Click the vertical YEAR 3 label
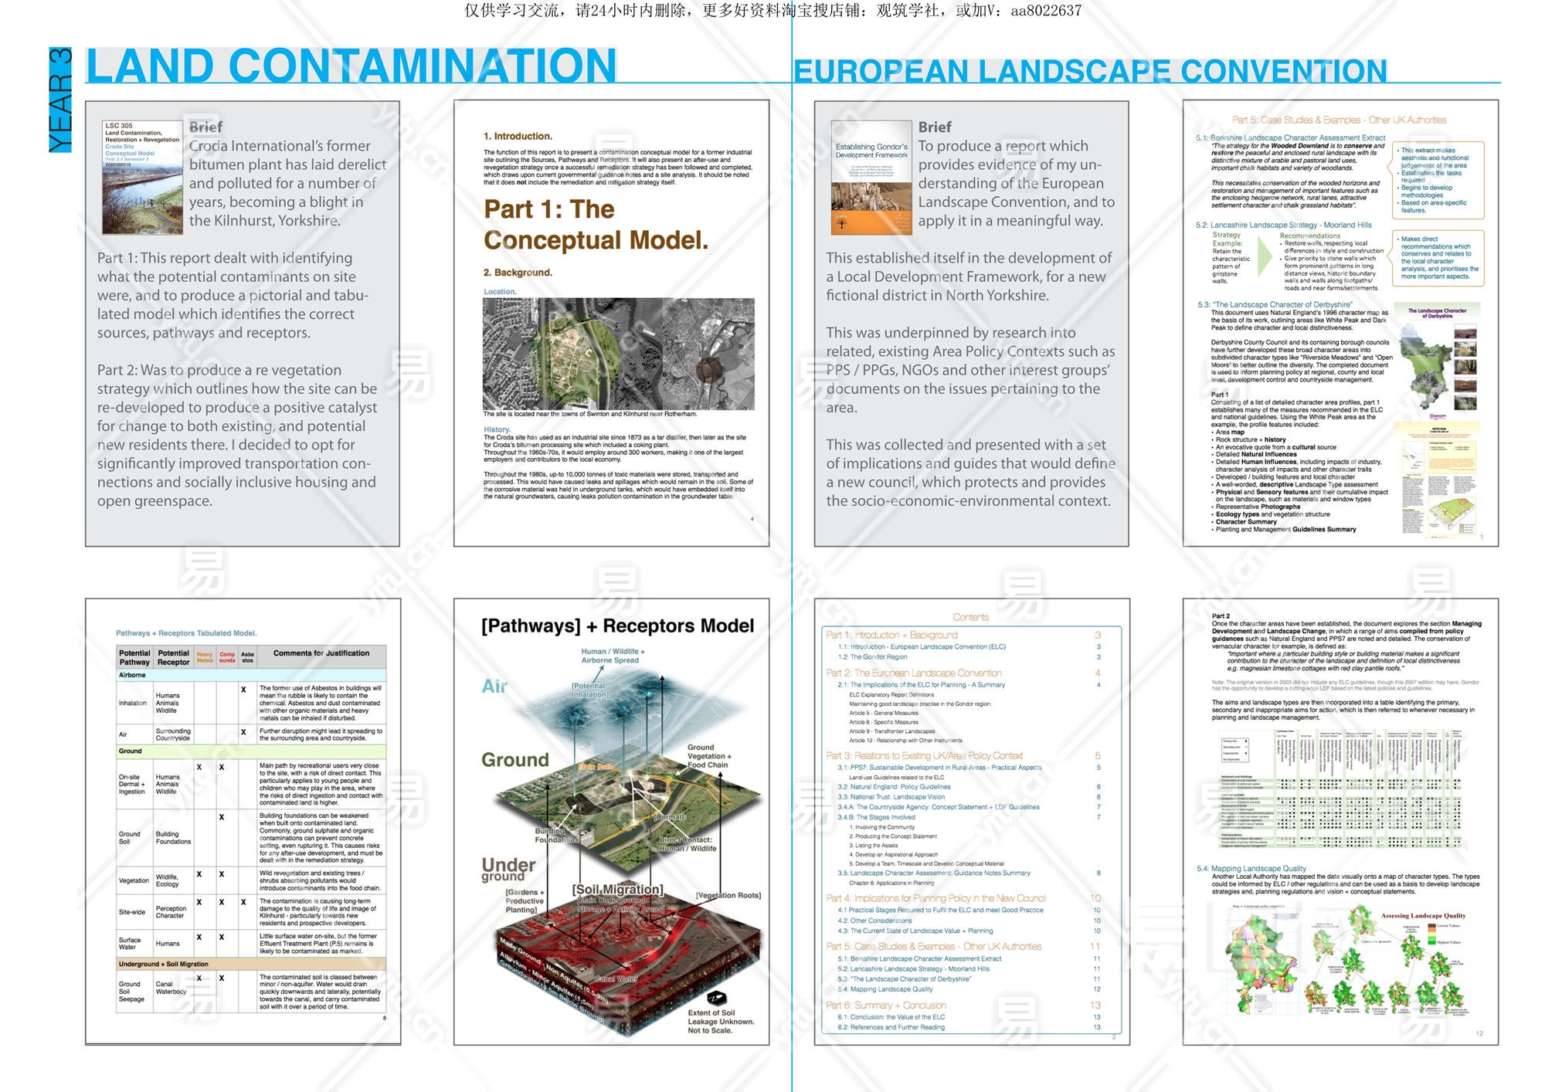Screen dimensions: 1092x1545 [60, 100]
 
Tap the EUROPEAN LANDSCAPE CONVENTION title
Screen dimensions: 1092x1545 [1090, 71]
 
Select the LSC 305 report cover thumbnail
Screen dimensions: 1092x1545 [142, 177]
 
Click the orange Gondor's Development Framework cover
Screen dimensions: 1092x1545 [871, 177]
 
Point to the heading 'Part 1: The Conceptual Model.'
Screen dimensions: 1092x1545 [595, 225]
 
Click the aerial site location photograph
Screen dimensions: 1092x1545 [618, 354]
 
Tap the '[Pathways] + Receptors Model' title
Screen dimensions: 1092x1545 [617, 626]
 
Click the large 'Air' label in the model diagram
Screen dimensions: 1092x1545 [494, 686]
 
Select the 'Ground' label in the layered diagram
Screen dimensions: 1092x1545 [514, 760]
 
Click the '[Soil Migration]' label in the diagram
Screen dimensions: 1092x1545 [617, 890]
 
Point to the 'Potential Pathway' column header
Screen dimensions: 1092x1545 [134, 657]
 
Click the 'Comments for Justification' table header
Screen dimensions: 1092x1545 [321, 653]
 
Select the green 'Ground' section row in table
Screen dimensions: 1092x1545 [250, 751]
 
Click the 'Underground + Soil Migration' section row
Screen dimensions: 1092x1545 [250, 964]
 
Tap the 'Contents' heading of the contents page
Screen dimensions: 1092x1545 [970, 617]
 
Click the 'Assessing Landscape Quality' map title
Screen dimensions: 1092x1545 [1423, 916]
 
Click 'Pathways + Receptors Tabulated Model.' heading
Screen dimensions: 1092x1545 [186, 633]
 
